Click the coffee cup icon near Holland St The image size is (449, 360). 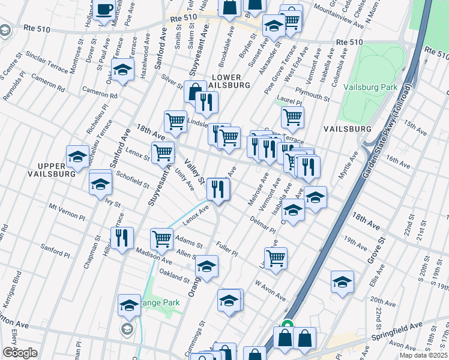104,10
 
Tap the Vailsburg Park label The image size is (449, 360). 370,87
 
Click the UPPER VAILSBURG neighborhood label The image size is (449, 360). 50,169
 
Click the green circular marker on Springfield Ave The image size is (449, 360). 288,325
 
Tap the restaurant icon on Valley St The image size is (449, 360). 218,190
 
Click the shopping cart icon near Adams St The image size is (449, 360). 161,238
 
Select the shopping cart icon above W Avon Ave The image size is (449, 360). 276,258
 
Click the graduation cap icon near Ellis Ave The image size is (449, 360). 342,281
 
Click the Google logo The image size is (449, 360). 20,352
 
